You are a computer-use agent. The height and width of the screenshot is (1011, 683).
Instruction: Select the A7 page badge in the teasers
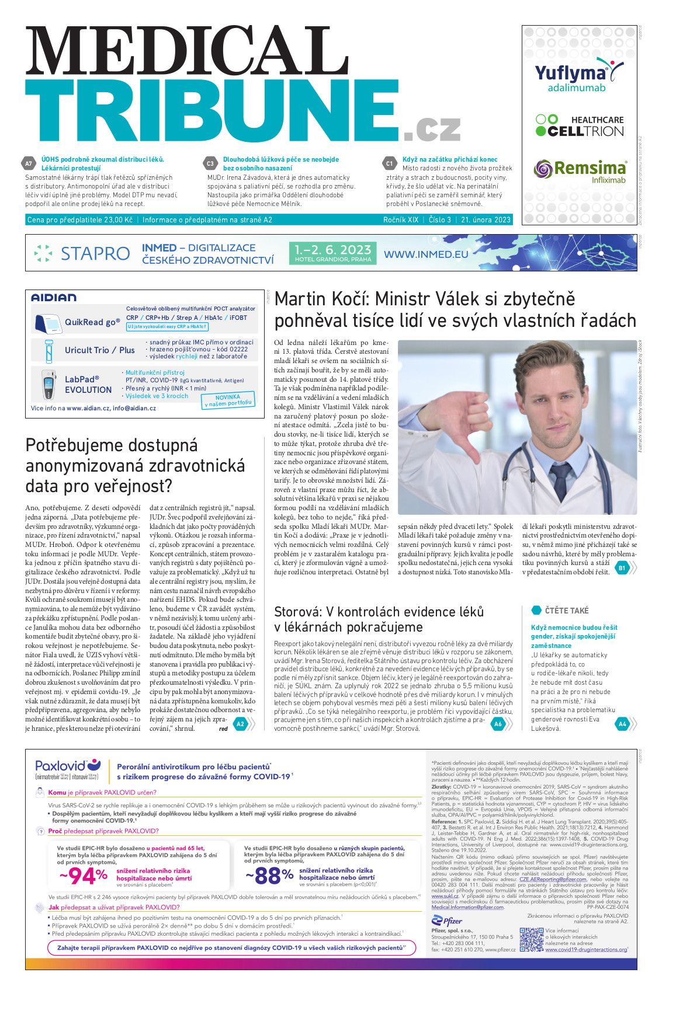(x=29, y=163)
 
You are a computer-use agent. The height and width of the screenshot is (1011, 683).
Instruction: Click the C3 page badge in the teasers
(x=210, y=164)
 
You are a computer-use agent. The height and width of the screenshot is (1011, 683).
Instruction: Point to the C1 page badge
(x=390, y=164)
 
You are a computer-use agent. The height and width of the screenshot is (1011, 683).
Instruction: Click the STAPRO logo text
(x=95, y=253)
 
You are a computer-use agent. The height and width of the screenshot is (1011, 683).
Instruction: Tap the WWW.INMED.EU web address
(x=426, y=255)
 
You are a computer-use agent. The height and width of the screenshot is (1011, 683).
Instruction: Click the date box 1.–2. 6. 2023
(x=332, y=253)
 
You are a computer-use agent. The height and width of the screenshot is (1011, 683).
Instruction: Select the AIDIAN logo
(x=54, y=298)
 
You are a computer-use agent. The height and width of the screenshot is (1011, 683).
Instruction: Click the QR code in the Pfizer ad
(x=531, y=940)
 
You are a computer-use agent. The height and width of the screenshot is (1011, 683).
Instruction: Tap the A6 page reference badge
(x=498, y=724)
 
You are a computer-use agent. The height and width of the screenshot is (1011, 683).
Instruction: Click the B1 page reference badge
(x=621, y=567)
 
